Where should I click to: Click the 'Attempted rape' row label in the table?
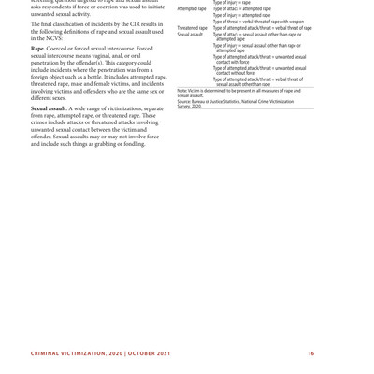192,9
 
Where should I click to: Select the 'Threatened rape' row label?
193,28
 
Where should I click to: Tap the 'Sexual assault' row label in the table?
190,35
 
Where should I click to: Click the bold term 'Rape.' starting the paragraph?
38,49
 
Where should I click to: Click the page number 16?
310,353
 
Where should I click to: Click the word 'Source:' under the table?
184,101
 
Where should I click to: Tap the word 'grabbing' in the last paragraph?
93,143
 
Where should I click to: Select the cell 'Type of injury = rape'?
232,3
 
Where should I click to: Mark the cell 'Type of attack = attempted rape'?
242,9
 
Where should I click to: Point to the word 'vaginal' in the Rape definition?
106,56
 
